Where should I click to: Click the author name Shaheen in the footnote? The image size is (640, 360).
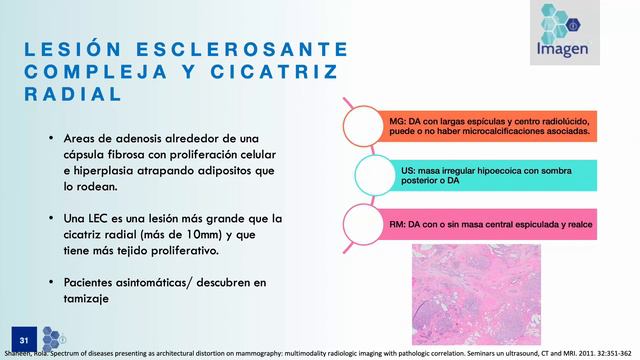18,353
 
